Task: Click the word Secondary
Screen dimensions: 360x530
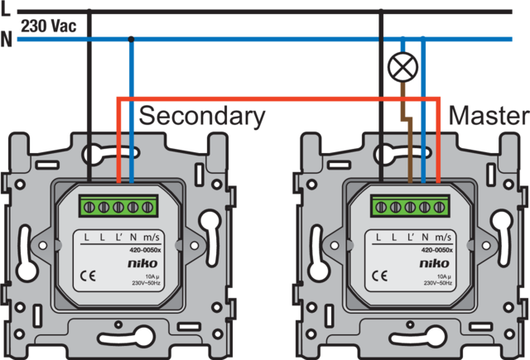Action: [203, 117]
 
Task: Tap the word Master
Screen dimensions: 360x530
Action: [487, 116]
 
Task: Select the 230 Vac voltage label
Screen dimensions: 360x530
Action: [49, 26]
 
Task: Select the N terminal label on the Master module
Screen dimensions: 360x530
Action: [425, 238]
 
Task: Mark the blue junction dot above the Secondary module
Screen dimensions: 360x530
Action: [132, 38]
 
